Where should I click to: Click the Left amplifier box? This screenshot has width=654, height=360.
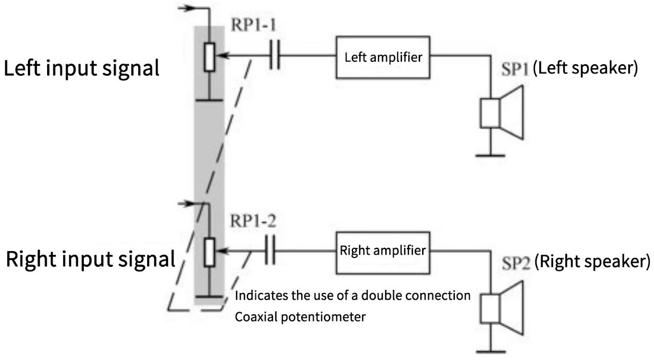383,57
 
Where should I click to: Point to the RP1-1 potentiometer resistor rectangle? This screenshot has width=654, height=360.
210,57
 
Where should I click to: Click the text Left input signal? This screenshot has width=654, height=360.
82,68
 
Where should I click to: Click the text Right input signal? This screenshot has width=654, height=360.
91,259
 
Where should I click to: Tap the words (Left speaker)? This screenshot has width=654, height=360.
585,68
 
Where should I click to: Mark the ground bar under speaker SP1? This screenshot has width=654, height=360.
490,155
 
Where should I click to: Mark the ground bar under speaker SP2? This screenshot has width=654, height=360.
490,351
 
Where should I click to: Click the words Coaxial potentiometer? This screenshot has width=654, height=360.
300,316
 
